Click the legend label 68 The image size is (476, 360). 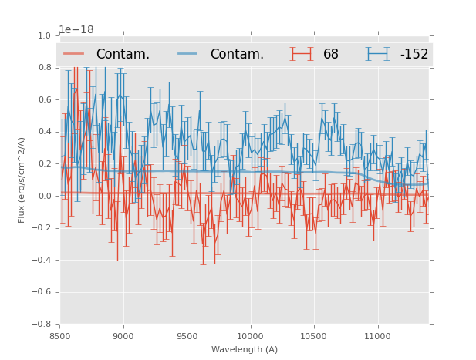330,54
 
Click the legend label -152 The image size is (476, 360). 414,54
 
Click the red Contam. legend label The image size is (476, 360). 123,54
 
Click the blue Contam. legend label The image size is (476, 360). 237,54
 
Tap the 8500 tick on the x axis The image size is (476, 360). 60,336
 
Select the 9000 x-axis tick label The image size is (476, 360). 123,336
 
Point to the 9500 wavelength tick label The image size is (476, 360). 187,336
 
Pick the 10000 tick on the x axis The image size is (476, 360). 250,336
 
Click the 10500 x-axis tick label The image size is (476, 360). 314,336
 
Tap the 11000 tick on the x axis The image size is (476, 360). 377,336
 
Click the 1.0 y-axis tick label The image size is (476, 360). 44,35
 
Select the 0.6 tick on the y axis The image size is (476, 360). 44,99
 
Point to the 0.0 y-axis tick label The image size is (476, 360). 44,196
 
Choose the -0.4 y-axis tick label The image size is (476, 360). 42,260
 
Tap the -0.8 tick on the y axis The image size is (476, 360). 42,324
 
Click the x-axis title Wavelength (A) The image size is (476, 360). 245,350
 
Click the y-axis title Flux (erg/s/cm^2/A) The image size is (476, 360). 22,180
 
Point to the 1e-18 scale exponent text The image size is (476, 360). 76,29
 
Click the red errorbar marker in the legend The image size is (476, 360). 301,54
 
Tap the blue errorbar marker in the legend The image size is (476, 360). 377,54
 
